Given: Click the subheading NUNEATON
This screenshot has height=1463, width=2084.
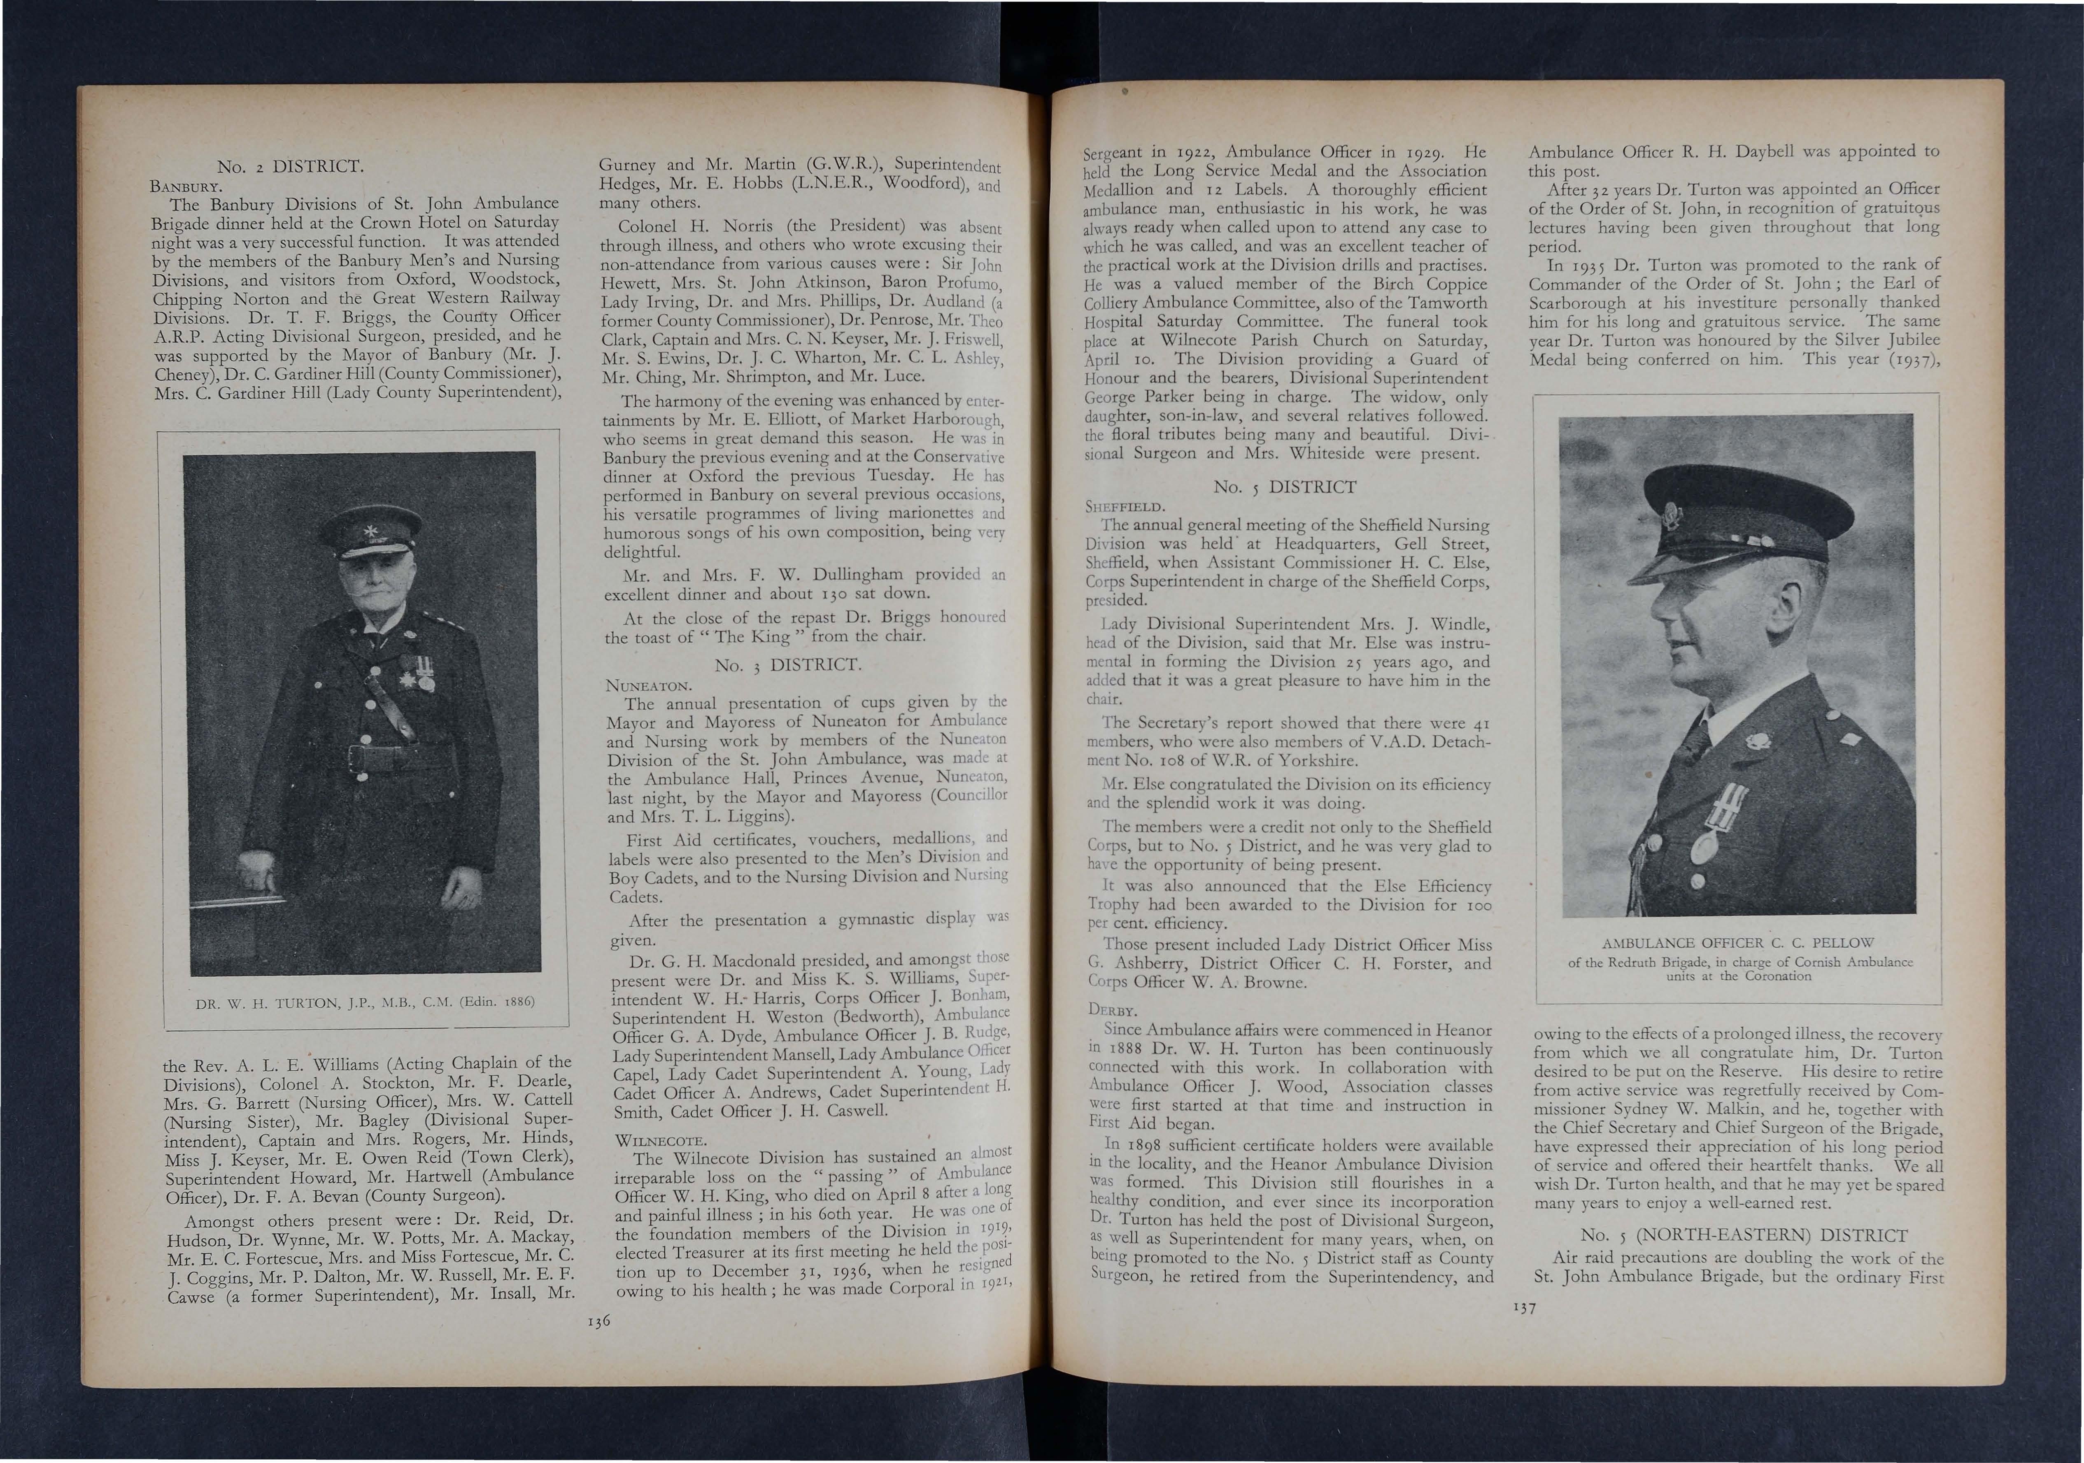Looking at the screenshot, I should (x=649, y=684).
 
